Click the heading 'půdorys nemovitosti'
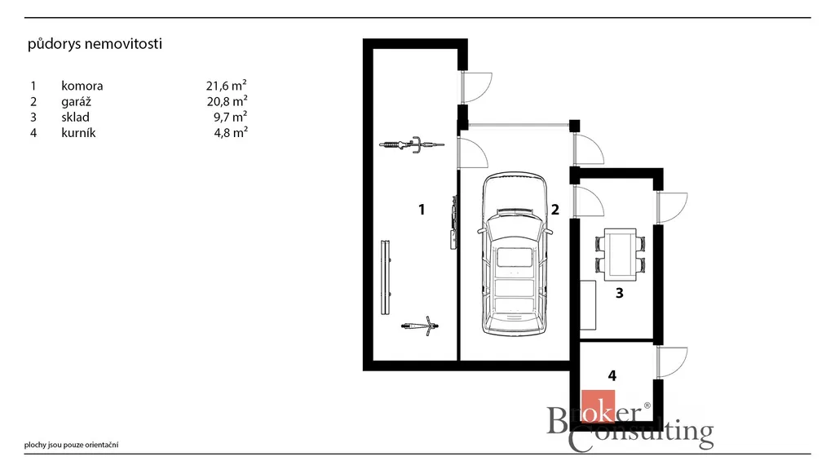[95, 44]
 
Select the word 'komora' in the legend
[82, 86]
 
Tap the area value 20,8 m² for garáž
[227, 101]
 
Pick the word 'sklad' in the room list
[75, 117]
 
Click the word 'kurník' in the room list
[78, 133]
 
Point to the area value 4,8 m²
[231, 132]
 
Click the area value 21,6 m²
[227, 85]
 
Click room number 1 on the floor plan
[422, 210]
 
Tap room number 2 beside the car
[554, 210]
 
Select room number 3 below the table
[620, 293]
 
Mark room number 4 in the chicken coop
[612, 375]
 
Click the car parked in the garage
[515, 254]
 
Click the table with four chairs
[620, 255]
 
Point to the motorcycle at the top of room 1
[412, 144]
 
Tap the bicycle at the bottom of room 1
[420, 326]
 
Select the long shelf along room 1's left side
[386, 277]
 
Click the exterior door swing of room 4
[672, 363]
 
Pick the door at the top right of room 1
[476, 87]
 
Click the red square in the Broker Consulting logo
[598, 406]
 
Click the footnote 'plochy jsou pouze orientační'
[72, 445]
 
